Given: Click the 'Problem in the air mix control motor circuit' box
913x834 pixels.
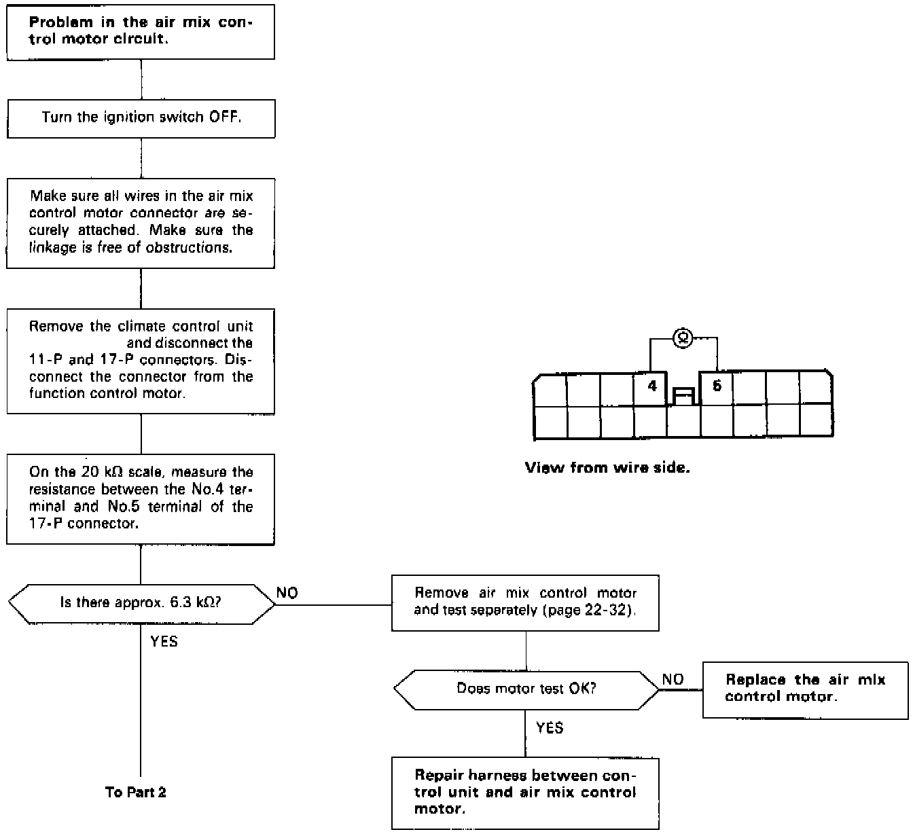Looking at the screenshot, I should [141, 31].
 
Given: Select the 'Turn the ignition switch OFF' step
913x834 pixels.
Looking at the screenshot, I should [141, 117].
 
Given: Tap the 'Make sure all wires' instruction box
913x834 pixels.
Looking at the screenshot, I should [141, 222].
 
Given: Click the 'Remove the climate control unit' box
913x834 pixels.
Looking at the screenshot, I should [141, 360].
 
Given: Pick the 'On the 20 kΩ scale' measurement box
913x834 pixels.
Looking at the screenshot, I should [141, 498].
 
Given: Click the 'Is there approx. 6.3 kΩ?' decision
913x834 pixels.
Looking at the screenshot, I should [141, 602].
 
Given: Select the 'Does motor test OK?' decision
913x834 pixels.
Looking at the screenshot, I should [526, 689].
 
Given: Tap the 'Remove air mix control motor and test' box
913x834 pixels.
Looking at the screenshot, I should [525, 602].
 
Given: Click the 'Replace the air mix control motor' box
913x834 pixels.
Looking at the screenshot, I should [805, 688].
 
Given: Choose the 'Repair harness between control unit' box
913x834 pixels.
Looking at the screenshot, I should [525, 792].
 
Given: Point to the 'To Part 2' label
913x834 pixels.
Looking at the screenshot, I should [136, 792].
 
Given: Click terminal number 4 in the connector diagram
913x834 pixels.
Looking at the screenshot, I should [652, 386].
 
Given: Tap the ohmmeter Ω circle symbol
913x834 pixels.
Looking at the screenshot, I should [683, 338].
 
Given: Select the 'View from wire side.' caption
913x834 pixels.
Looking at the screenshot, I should [607, 468].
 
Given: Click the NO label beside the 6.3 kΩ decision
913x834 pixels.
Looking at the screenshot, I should [287, 594].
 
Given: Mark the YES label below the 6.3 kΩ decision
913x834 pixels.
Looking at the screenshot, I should [164, 641].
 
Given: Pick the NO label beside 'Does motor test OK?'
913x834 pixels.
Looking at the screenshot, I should [673, 680].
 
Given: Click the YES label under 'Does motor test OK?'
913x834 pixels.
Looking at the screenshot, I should [550, 728].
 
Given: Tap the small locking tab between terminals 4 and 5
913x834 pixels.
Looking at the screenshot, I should [683, 396].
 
